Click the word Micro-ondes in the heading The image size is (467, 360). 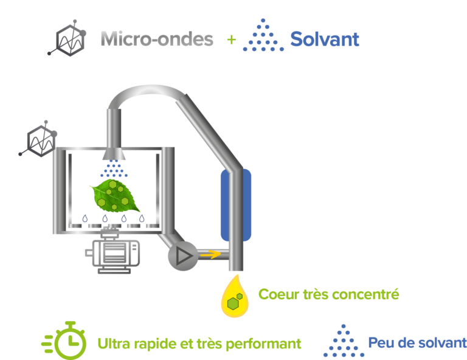(157, 40)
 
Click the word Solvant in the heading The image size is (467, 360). (325, 40)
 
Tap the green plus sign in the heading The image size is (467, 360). (231, 40)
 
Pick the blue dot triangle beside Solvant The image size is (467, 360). (263, 36)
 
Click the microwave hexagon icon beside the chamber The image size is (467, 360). (39, 140)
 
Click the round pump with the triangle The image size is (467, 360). (182, 256)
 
